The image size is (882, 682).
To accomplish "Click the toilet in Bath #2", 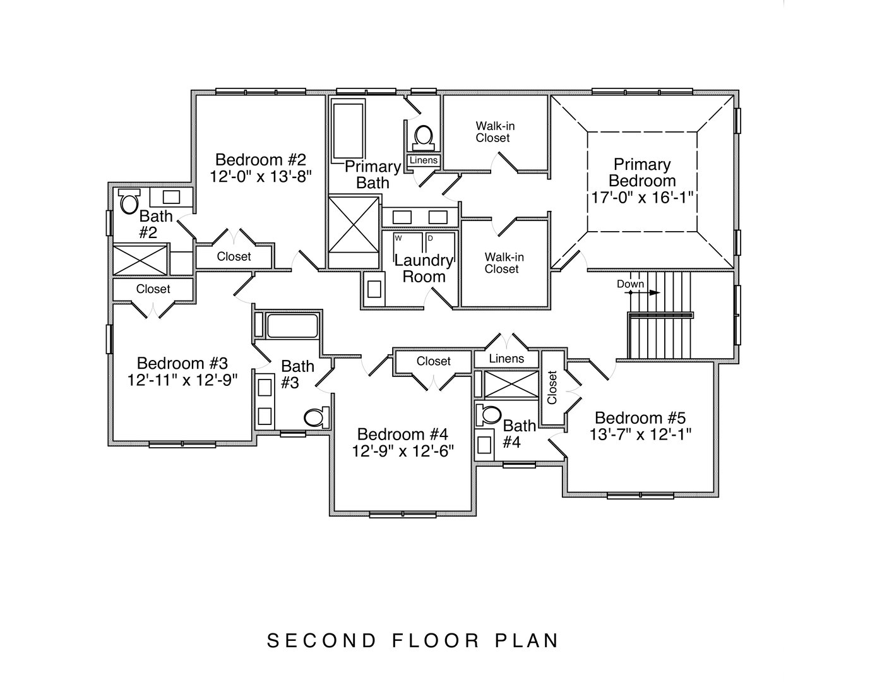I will point(129,202).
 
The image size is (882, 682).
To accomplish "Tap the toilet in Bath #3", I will point(316,417).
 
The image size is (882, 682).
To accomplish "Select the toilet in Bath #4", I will point(488,414).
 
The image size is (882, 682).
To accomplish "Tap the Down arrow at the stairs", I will point(651,293).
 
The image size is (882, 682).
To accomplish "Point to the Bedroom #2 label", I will point(260,159).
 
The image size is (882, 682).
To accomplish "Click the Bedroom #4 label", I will point(402,434).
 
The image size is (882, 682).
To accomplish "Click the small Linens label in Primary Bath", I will point(423,160).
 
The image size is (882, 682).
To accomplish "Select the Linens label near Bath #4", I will point(506,359).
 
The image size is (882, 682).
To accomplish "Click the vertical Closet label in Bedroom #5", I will point(552,387).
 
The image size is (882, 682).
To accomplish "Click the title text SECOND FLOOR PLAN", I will point(414,640).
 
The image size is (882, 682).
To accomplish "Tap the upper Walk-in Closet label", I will point(495,132).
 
